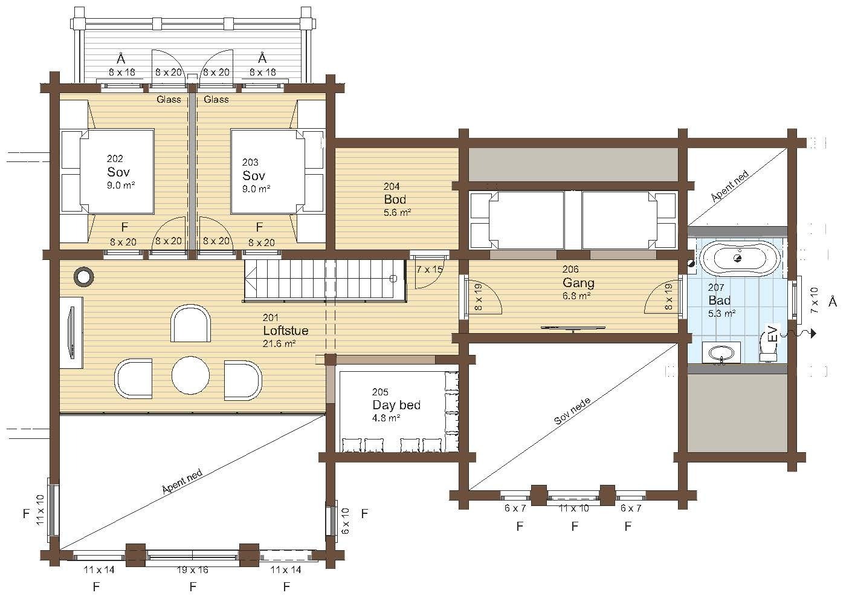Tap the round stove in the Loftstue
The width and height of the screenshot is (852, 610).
[84, 276]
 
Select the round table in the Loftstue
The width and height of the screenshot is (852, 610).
[190, 375]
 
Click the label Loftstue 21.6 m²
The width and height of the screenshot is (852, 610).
[285, 330]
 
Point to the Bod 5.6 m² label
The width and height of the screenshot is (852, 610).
[397, 199]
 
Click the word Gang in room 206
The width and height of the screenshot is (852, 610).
[578, 282]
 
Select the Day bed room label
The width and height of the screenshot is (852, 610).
[396, 404]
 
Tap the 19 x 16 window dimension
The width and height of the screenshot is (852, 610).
[193, 569]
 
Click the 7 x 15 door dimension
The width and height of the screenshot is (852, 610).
[430, 270]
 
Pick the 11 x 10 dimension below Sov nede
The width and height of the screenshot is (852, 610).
[574, 508]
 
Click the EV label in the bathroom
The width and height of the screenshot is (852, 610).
[772, 334]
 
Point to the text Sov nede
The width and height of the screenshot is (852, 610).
[572, 411]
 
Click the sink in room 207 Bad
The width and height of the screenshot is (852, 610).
[721, 352]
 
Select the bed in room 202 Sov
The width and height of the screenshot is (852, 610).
[117, 171]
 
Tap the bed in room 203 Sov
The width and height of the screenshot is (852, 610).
[268, 172]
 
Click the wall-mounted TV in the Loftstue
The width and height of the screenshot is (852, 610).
[71, 333]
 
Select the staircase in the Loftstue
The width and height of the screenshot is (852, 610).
[324, 280]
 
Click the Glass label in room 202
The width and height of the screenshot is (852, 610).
[169, 99]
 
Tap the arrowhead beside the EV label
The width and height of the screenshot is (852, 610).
[813, 334]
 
